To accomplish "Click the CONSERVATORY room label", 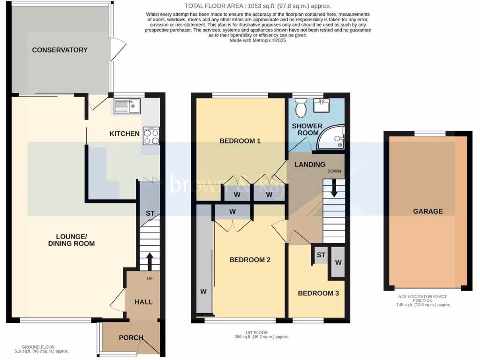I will coord(60,50).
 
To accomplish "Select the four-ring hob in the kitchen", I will coord(151,135).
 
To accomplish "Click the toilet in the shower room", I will coord(301,108).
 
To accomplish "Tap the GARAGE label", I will coord(427,211).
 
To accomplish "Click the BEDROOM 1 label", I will coord(240,141).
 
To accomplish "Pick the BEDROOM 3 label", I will coord(318,293).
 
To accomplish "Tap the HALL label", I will coord(143,302).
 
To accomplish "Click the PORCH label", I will coord(131,337).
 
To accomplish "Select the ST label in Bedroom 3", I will coord(321,255).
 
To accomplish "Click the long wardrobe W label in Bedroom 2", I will coord(203,292).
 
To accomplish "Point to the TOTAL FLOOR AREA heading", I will coord(258,6).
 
